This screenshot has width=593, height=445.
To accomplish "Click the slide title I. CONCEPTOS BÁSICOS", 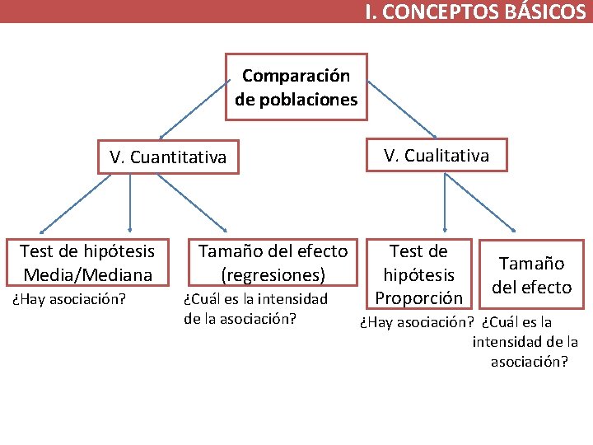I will pyautogui.click(x=476, y=12).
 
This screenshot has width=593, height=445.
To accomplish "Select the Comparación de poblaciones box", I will pyautogui.click(x=296, y=87).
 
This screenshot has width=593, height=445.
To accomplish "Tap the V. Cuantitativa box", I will pyautogui.click(x=168, y=157).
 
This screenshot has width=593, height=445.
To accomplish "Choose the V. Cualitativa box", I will pyautogui.click(x=436, y=155).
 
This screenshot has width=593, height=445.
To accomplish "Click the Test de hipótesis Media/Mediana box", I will pyautogui.click(x=87, y=261).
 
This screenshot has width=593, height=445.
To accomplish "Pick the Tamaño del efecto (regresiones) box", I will pyautogui.click(x=273, y=261).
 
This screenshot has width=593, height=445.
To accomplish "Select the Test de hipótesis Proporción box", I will pyautogui.click(x=418, y=274).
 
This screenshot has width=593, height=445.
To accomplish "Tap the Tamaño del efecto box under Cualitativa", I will pyautogui.click(x=531, y=275).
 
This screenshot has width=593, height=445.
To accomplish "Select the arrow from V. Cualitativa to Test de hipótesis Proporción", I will pyautogui.click(x=445, y=202).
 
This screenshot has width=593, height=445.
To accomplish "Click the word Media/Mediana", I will pyautogui.click(x=88, y=274).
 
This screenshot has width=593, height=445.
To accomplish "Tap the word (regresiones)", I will pyautogui.click(x=273, y=274).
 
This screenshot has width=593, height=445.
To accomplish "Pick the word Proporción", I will pyautogui.click(x=418, y=297).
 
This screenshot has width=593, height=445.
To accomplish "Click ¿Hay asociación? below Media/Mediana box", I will pyautogui.click(x=68, y=298).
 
